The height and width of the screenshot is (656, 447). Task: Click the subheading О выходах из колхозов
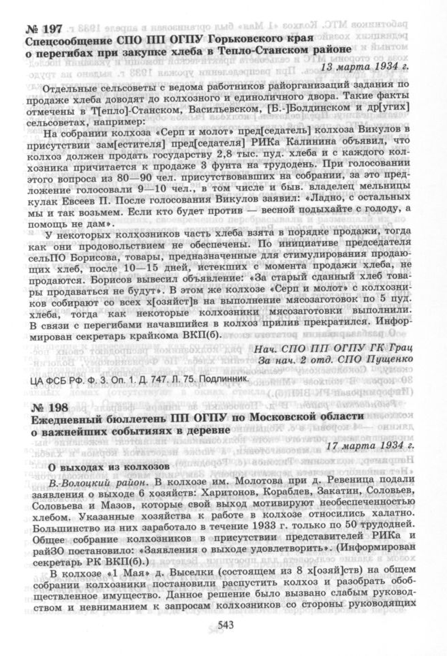104,465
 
